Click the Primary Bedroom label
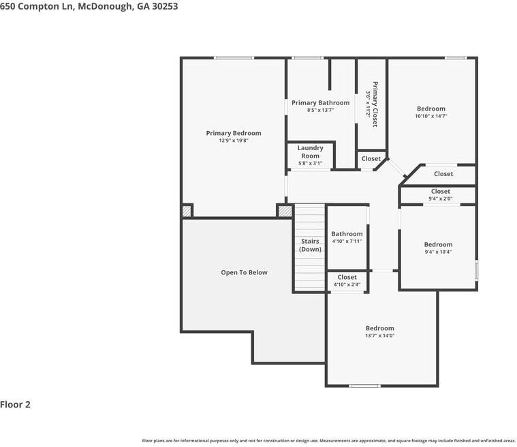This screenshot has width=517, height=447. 233,133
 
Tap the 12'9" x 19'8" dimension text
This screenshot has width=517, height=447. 233,141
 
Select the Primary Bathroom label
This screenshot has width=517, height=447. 320,103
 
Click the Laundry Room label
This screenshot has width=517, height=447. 310,152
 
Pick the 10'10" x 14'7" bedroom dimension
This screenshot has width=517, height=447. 431,116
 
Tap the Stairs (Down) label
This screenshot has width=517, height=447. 310,245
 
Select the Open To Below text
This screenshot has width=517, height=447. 244,272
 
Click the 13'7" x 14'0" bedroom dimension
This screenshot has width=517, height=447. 379,336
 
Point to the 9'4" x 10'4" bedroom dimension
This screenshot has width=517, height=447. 438,252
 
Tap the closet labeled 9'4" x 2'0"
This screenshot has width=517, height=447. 440,195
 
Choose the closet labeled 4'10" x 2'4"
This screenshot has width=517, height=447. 347,280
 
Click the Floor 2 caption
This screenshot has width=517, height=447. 16,404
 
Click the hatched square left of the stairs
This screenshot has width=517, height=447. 285,211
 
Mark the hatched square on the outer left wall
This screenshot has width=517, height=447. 187,212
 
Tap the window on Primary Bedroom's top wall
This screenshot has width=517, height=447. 234,58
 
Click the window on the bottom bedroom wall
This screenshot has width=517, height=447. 364,386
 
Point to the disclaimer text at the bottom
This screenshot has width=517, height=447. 328,441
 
